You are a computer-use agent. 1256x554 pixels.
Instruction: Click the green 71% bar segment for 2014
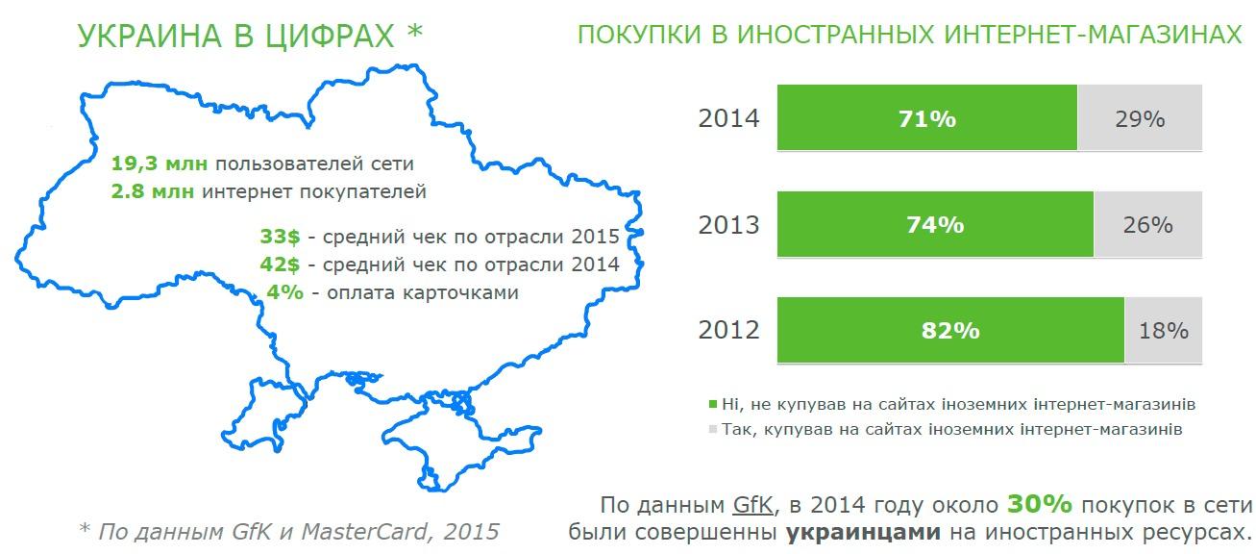click(x=926, y=117)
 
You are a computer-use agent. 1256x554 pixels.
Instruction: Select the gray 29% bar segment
click(x=1140, y=117)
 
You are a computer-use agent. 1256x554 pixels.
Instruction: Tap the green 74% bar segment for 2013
click(x=935, y=224)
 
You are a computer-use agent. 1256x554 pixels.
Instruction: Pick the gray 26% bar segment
click(x=1147, y=224)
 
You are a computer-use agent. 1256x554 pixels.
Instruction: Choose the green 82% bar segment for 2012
click(x=950, y=330)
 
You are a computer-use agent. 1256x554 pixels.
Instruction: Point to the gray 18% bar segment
click(x=1164, y=330)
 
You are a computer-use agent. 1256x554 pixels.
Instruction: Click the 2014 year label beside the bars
click(x=728, y=118)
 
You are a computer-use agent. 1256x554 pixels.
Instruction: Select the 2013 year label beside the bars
click(x=728, y=224)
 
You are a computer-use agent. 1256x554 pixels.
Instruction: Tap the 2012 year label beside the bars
click(x=728, y=330)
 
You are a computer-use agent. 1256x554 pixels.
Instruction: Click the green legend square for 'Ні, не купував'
click(x=713, y=404)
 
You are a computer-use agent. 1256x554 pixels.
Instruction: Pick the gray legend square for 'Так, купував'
click(x=713, y=429)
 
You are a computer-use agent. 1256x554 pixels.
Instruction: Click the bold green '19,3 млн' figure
click(x=160, y=164)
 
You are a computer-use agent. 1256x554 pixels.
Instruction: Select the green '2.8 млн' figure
click(x=153, y=191)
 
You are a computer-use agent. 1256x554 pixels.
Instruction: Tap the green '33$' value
click(x=280, y=237)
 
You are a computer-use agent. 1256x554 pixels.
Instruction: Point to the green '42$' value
click(x=280, y=264)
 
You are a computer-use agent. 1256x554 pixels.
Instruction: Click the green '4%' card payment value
click(x=284, y=291)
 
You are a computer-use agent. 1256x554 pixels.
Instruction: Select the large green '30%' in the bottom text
click(x=1040, y=504)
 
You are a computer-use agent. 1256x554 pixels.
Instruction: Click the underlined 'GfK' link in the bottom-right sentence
click(x=752, y=505)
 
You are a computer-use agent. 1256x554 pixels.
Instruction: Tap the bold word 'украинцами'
click(x=863, y=531)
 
